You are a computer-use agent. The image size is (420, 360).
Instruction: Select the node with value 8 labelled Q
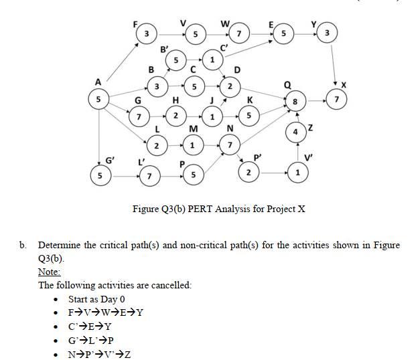click(x=293, y=102)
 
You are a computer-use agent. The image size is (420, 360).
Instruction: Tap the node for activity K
click(x=250, y=115)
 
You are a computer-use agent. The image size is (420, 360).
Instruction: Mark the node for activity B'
click(x=176, y=61)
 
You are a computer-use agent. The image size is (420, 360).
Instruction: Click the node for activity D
click(x=230, y=87)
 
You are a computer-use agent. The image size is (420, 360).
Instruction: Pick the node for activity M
click(x=193, y=145)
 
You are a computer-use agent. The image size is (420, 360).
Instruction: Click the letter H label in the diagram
click(x=176, y=100)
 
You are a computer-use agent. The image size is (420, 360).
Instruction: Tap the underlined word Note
click(x=49, y=272)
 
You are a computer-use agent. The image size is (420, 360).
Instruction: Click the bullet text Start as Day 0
click(x=96, y=299)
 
